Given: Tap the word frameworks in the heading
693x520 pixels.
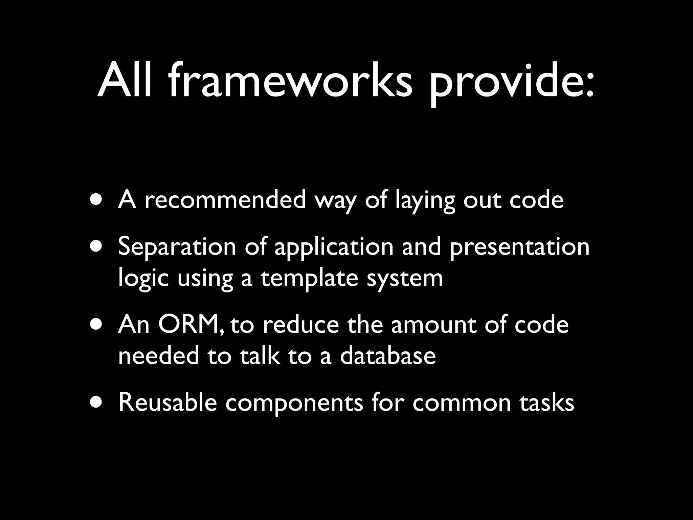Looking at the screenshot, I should (290, 82).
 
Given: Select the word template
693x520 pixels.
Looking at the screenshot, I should (309, 279).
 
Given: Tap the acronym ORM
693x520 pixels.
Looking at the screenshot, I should (190, 324).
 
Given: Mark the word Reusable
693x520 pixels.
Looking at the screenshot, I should (167, 403).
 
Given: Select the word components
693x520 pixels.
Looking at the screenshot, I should (294, 404).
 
